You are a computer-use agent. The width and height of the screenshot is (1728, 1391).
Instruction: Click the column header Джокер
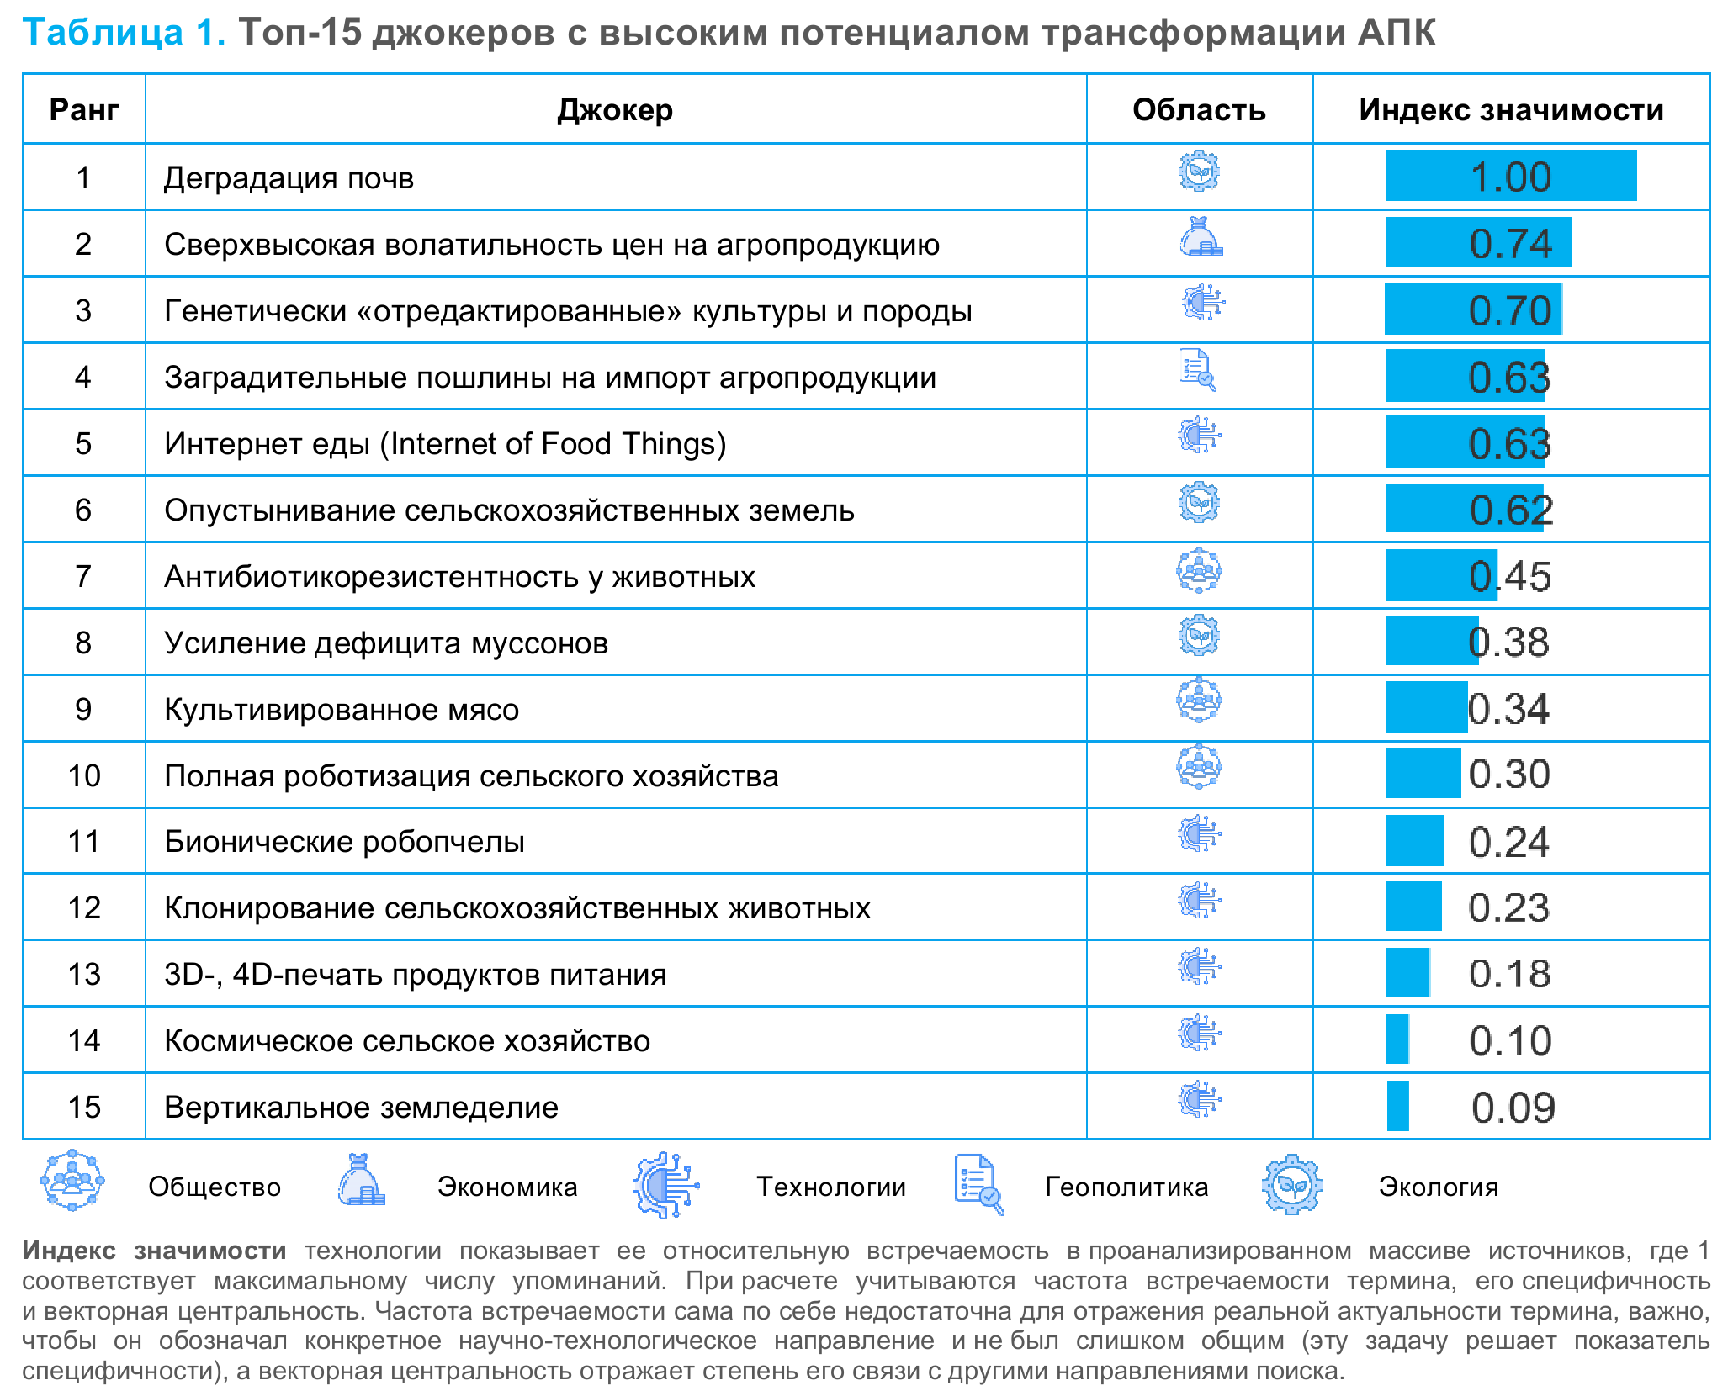tap(615, 110)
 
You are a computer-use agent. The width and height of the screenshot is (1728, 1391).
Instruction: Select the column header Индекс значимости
tap(1511, 110)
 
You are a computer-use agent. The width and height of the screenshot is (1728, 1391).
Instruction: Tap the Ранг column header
tap(83, 110)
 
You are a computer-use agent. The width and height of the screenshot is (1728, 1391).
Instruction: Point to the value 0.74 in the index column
tap(1510, 244)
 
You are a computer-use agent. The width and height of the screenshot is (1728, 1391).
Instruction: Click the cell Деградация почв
tap(289, 178)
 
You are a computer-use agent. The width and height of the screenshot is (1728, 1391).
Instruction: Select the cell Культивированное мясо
tap(342, 709)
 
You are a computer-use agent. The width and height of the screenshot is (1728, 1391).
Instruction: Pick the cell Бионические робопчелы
tap(344, 841)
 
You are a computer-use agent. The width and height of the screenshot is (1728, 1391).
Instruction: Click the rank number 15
tap(83, 1107)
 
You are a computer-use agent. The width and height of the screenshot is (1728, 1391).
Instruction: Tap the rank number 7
tap(83, 576)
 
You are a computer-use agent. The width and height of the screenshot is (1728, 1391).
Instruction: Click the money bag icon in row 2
tap(1200, 238)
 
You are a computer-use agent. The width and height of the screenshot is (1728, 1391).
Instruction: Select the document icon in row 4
tap(1198, 370)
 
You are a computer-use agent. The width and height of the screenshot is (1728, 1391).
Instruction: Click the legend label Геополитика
tap(1126, 1187)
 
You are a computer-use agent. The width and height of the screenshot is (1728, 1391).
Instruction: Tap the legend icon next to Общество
tap(72, 1181)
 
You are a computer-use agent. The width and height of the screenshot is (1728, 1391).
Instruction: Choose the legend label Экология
tap(1438, 1187)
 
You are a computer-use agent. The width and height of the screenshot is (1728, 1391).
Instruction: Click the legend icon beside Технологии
tap(665, 1184)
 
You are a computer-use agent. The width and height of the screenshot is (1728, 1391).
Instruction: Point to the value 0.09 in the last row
tap(1513, 1108)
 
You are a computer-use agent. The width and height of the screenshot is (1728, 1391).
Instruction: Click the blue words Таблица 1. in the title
tap(124, 32)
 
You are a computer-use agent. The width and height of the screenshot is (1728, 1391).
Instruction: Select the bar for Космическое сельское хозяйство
tap(1397, 1039)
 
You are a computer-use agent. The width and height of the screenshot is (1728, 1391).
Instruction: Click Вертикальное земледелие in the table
tap(361, 1107)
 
